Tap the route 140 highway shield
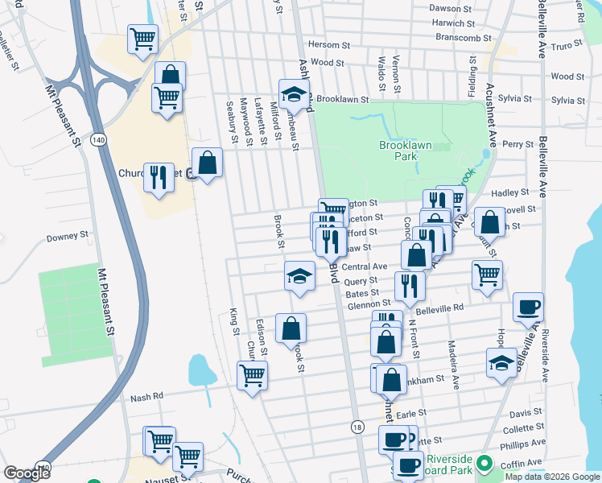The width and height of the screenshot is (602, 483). click(98, 140)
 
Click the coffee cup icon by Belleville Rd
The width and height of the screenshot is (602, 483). click(528, 306)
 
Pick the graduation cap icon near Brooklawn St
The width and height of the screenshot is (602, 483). click(295, 93)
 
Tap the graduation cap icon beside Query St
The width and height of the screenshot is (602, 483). click(299, 275)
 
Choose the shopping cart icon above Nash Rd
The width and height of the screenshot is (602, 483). click(253, 374)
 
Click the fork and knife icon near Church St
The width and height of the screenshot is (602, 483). click(159, 176)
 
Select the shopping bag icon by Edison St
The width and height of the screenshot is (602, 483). click(291, 327)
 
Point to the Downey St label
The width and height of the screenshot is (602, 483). click(67, 237)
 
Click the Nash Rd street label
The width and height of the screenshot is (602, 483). click(146, 396)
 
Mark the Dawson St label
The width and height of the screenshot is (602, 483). click(448, 8)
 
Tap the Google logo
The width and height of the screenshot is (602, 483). click(27, 473)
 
